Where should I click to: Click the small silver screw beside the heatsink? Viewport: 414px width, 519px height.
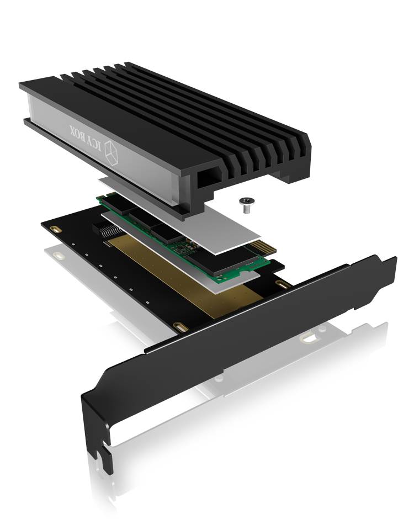(x=246, y=205)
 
